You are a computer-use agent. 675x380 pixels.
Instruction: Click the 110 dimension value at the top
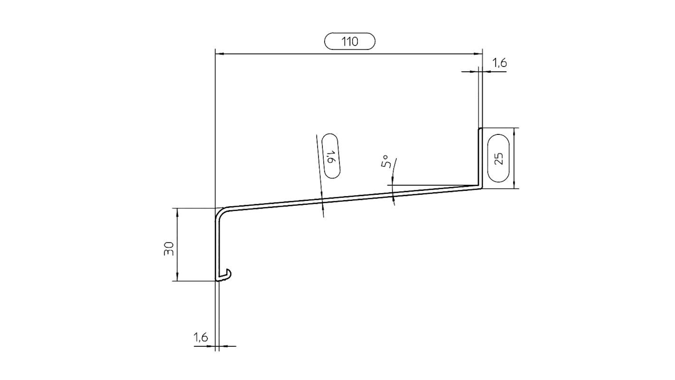tap(349, 42)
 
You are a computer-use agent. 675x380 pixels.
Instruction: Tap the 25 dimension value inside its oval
tap(498, 158)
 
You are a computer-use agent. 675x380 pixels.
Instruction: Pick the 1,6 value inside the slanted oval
tap(331, 157)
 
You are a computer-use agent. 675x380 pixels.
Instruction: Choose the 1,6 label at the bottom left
tap(200, 338)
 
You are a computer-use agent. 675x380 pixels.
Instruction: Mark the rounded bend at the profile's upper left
tap(221, 212)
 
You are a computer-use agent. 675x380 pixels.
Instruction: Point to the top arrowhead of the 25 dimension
tap(515, 131)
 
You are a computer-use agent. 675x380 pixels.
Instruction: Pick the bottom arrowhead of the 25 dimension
tap(515, 186)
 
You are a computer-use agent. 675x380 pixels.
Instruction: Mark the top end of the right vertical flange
tap(480, 129)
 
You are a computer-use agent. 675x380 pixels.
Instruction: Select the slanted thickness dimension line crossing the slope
tap(320, 176)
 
